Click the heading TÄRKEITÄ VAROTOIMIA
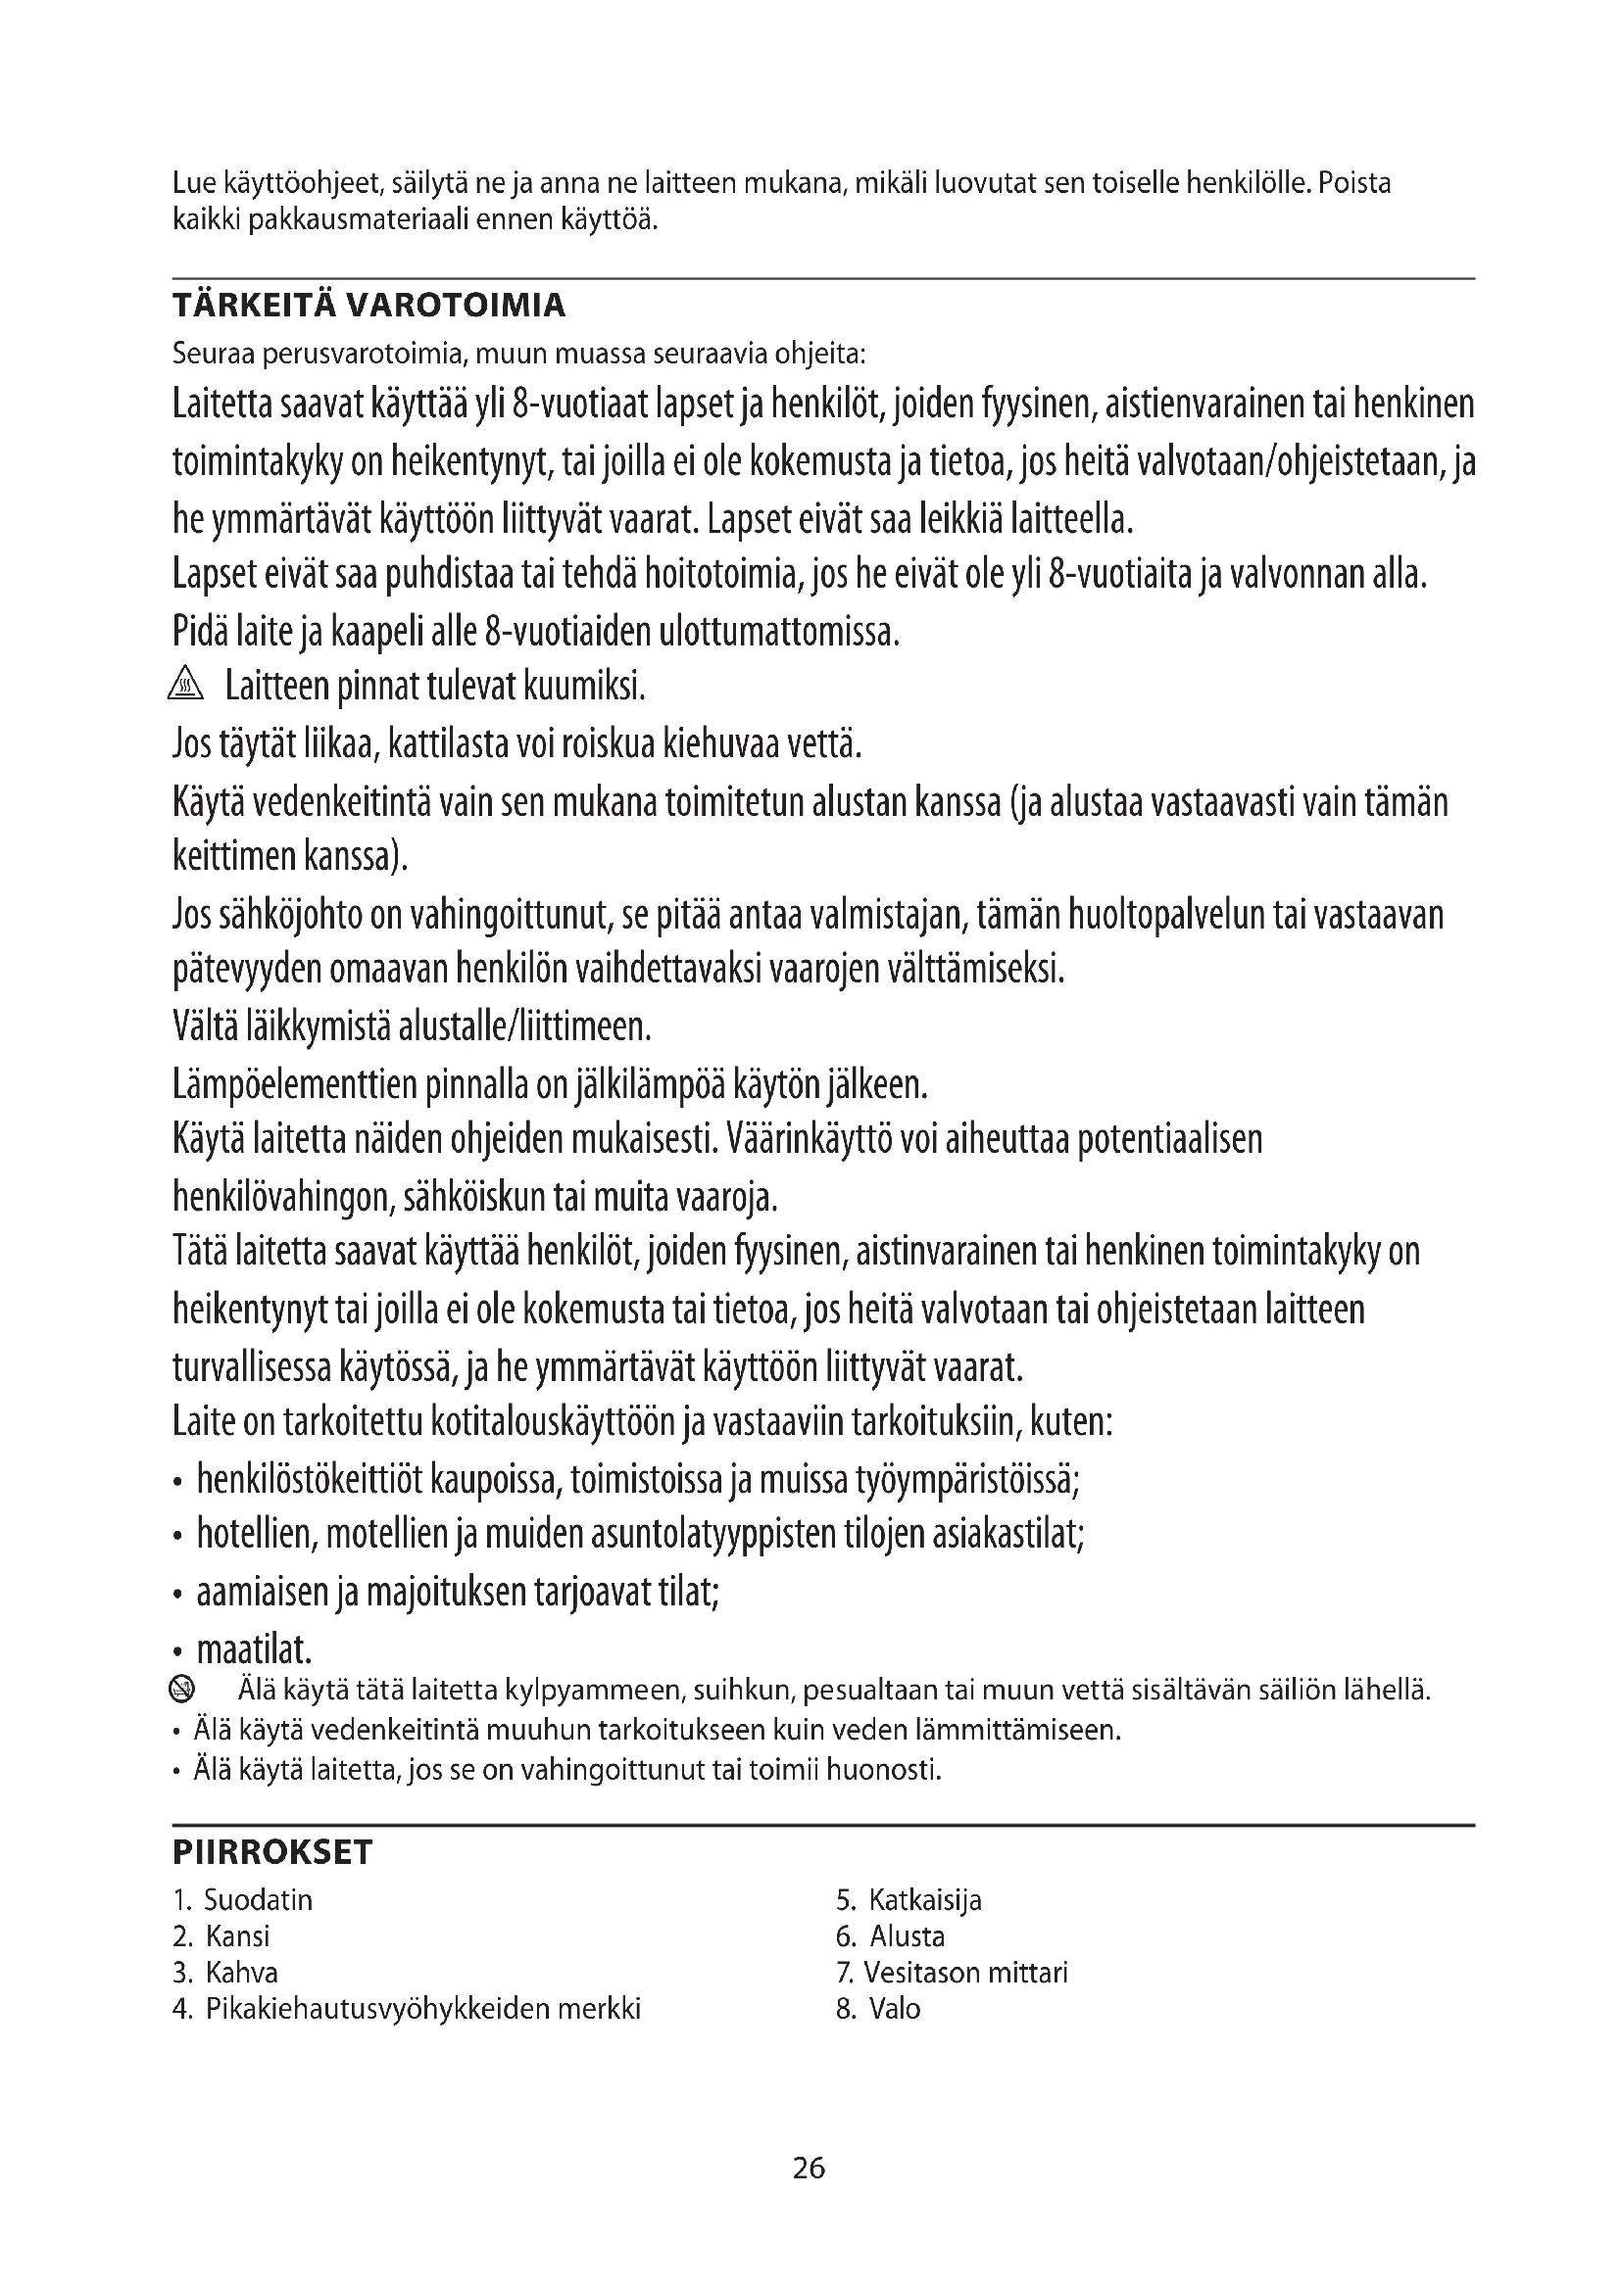tap(368, 306)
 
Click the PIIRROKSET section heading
tap(271, 1852)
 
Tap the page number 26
tap(809, 2168)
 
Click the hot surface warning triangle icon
tap(186, 686)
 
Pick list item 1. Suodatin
tap(242, 1900)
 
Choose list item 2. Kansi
tap(221, 1936)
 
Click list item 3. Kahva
tap(224, 1973)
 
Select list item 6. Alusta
tap(889, 1936)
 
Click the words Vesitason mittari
tap(965, 1973)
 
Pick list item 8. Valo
tap(877, 2009)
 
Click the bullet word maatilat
tap(254, 1650)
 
